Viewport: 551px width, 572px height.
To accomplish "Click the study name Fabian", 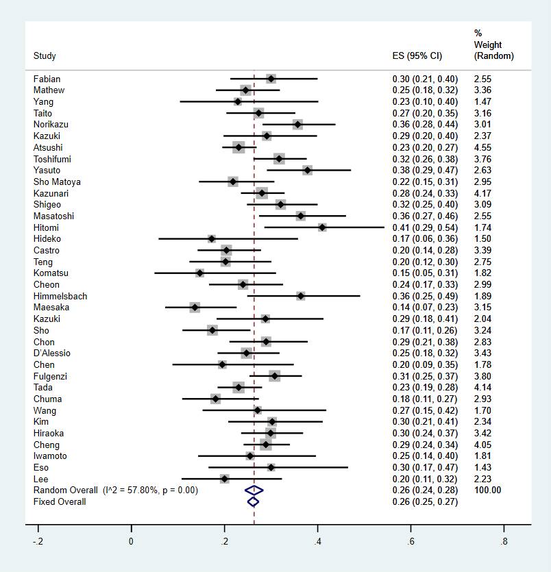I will (47, 79).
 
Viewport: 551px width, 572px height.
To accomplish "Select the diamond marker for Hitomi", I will (322, 227).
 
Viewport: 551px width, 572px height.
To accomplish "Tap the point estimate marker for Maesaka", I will (195, 308).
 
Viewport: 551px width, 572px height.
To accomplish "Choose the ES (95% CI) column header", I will (415, 56).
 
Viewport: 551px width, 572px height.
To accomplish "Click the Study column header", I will (45, 56).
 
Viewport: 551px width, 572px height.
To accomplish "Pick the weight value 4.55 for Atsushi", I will (482, 147).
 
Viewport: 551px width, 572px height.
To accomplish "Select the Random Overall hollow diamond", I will (254, 490).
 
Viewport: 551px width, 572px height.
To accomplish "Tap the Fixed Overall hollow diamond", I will (254, 501).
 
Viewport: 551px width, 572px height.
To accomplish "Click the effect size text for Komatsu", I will (420, 273).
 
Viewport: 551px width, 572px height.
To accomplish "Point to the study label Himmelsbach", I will (60, 296).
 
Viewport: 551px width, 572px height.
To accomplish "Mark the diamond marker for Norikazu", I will (297, 125).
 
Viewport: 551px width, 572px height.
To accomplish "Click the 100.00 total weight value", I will (487, 490).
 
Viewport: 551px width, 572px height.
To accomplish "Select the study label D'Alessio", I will (51, 353).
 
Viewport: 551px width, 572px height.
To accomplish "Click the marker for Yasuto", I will (307, 170).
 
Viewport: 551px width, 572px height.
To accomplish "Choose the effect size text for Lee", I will (420, 479).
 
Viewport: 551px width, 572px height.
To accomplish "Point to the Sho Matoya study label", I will (57, 182).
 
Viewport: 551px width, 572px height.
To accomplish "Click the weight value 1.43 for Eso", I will (482, 467).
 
